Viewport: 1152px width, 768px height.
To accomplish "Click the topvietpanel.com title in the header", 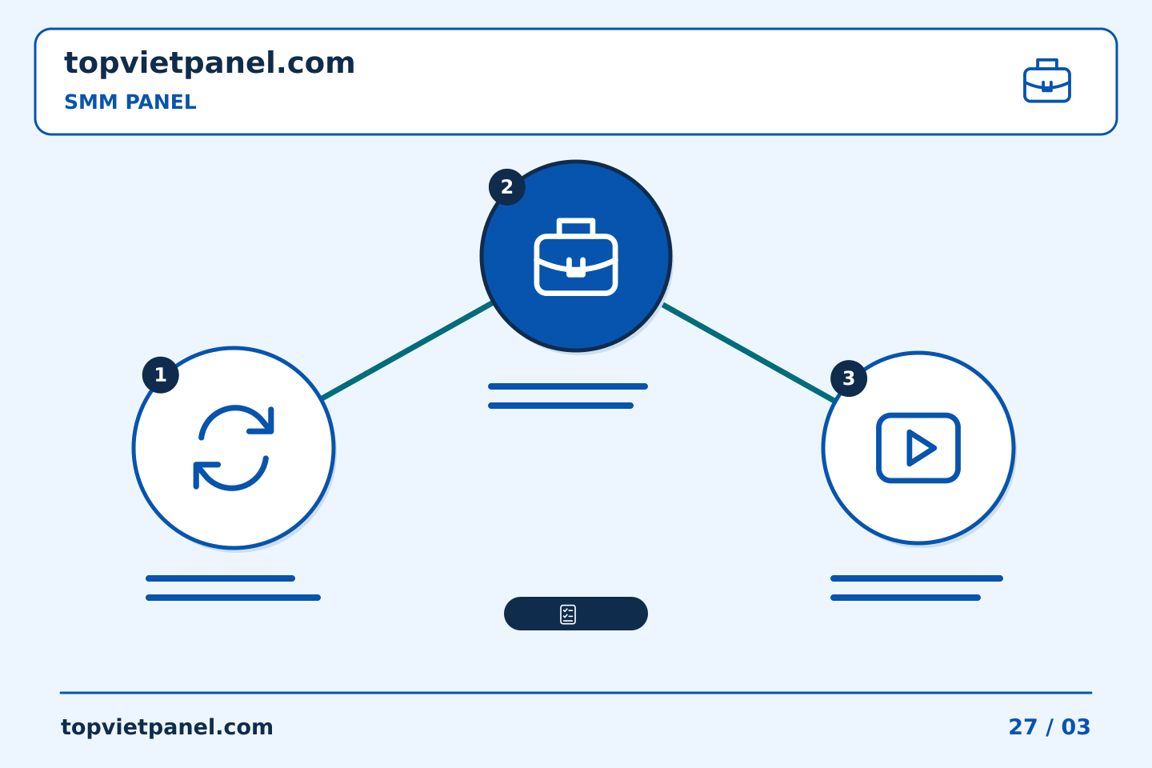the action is click(x=210, y=64).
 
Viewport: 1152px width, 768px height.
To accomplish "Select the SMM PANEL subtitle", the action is click(x=130, y=102).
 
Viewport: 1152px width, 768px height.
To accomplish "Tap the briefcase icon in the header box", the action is click(x=1046, y=81).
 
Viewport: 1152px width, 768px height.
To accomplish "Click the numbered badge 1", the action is click(x=161, y=375).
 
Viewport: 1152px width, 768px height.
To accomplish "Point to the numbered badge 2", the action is click(x=507, y=187).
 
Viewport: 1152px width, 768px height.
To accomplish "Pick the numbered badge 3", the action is click(x=849, y=378).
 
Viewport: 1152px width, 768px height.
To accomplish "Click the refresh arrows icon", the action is click(x=233, y=448).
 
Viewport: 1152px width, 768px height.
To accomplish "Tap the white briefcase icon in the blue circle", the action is click(x=576, y=257).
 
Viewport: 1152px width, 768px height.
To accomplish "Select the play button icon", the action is click(x=918, y=448).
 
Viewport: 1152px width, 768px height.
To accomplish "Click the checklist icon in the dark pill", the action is click(x=568, y=614).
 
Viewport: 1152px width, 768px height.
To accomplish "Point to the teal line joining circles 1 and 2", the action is click(x=406, y=351).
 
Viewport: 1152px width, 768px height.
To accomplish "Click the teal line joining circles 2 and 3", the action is click(x=748, y=353).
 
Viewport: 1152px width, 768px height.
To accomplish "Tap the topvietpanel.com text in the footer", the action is click(x=166, y=727).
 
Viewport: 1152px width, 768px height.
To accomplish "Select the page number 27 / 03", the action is click(x=1049, y=727).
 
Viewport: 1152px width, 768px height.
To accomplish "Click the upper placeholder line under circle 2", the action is click(x=568, y=386).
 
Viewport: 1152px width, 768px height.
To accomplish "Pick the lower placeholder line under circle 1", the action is click(x=233, y=598).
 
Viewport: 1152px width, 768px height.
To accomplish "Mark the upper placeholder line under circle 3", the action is click(x=917, y=578).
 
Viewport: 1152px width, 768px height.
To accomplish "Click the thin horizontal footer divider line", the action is click(x=576, y=693).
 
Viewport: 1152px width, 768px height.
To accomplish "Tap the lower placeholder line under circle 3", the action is click(x=905, y=598).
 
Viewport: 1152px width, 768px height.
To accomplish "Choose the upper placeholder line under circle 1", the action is click(x=220, y=578).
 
